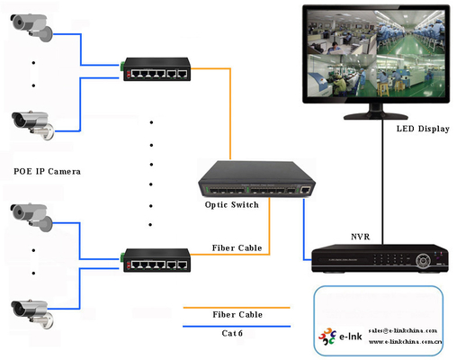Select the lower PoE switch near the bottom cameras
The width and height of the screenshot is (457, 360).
[156, 259]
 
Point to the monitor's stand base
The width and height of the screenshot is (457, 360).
[374, 117]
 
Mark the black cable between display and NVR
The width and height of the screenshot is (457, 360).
[381, 180]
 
